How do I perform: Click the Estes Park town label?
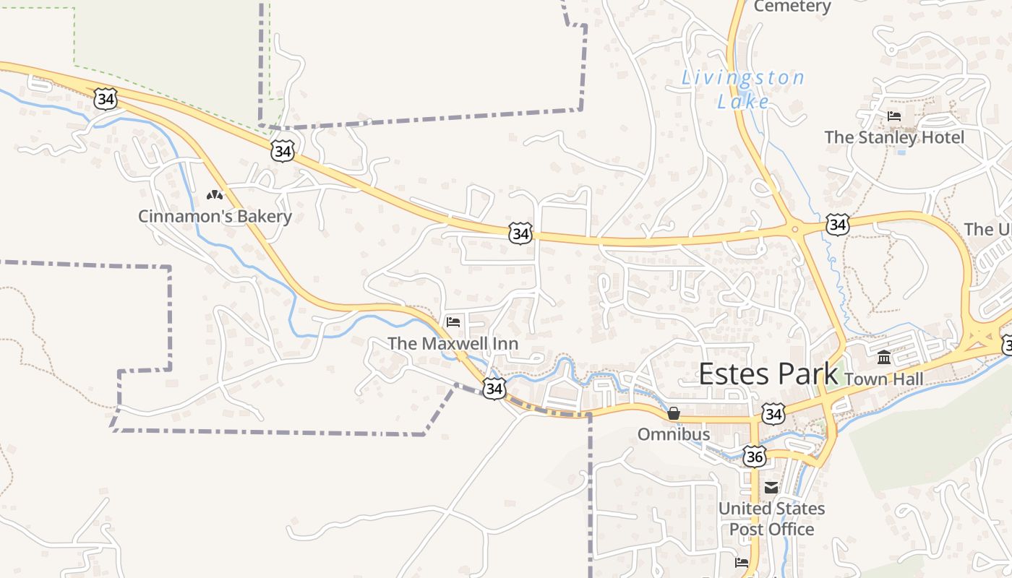[768, 374]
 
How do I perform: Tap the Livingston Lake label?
[743, 90]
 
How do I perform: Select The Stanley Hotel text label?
[894, 137]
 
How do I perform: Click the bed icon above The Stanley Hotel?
[894, 116]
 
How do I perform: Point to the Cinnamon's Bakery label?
[215, 216]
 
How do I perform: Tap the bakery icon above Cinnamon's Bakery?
[215, 195]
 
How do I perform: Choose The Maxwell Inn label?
[453, 343]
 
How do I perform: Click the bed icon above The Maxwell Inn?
[453, 322]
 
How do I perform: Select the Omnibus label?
[674, 435]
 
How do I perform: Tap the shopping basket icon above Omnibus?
[674, 414]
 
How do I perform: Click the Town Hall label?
[883, 379]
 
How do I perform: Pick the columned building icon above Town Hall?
[884, 358]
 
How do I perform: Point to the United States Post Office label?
[771, 519]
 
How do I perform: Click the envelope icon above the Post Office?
[771, 488]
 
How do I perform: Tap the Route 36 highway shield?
[755, 457]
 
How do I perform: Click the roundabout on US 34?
[794, 230]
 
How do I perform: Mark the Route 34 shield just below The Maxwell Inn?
[494, 389]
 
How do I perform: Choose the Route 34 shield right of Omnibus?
[773, 415]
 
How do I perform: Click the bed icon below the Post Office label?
[742, 562]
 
